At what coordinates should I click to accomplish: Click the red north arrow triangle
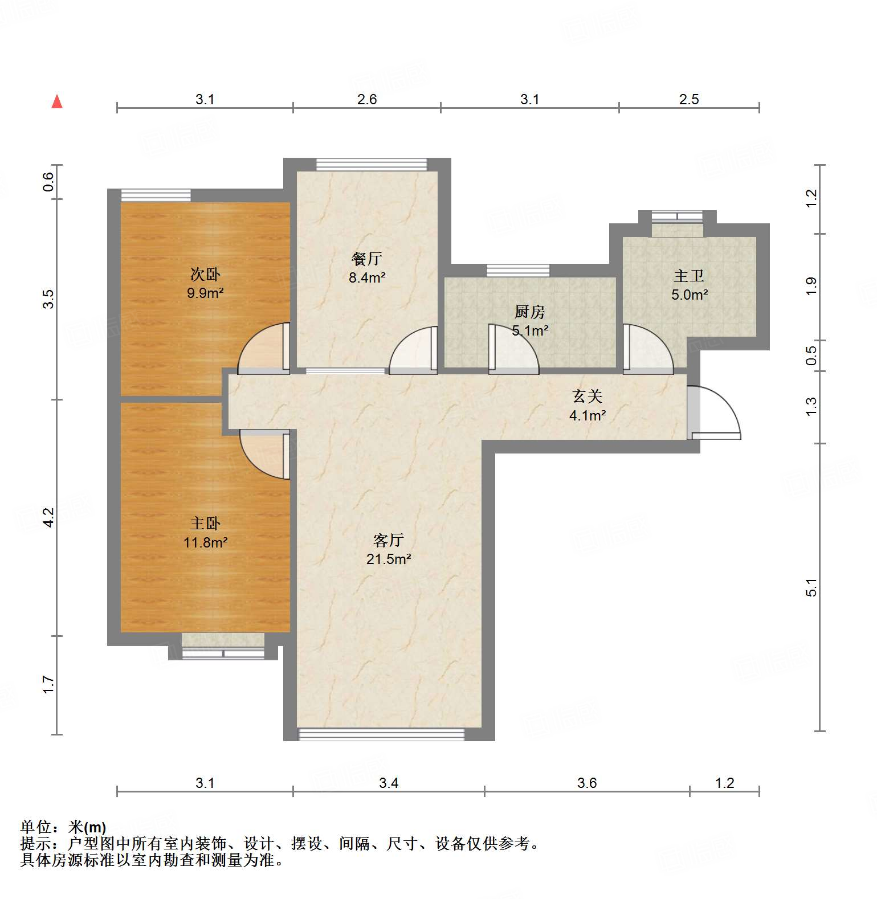(57, 102)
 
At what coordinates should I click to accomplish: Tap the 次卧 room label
(205, 275)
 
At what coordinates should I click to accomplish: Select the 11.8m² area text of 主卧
(205, 542)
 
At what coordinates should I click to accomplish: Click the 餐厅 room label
(367, 259)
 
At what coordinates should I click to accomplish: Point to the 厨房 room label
(530, 312)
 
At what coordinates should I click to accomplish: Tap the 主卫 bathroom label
(690, 276)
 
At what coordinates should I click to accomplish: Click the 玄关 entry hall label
(587, 396)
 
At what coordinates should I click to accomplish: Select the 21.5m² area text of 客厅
(389, 559)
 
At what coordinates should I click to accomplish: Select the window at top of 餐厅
(372, 165)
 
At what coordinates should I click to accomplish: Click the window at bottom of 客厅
(381, 735)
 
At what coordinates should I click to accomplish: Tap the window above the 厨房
(518, 271)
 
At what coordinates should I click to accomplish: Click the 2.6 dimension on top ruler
(367, 99)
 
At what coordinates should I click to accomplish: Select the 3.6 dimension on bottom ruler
(587, 783)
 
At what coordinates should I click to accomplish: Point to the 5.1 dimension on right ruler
(811, 588)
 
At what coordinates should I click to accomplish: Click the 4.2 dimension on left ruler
(49, 517)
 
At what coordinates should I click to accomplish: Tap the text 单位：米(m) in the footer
(63, 827)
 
